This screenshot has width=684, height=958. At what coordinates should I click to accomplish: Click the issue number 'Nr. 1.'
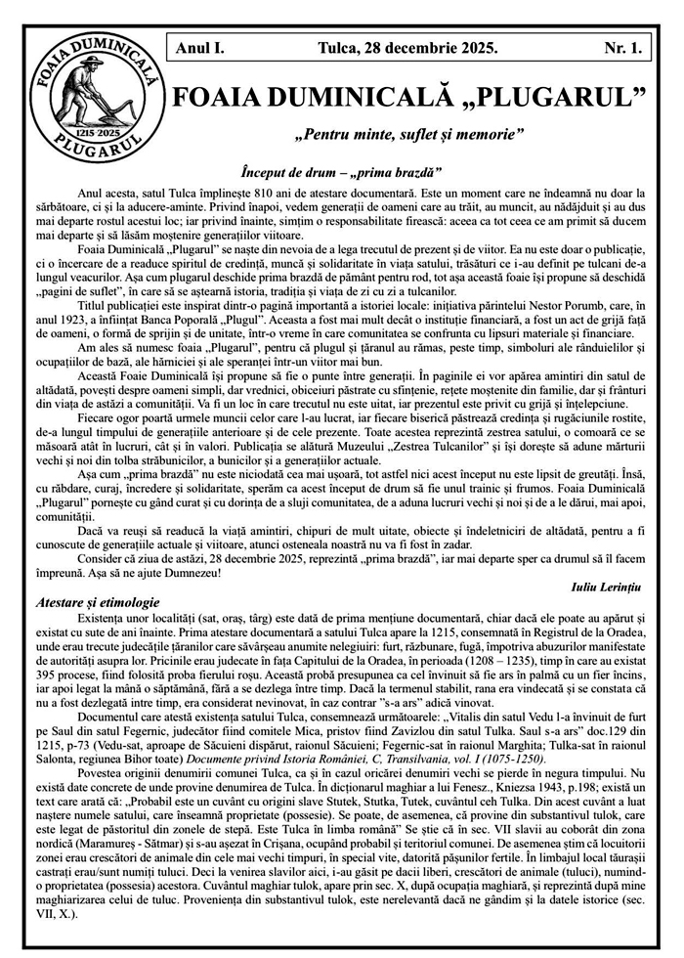[622, 46]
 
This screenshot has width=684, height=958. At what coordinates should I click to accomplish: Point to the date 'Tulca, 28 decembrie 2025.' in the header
[407, 46]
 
